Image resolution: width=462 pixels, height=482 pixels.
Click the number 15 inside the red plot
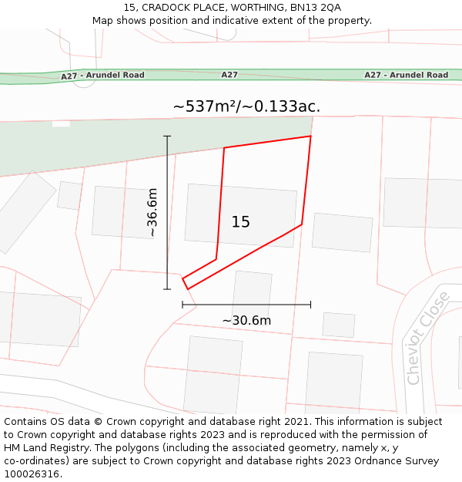(241, 222)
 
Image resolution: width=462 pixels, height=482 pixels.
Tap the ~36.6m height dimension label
(152, 212)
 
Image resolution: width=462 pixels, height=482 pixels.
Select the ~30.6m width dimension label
(246, 321)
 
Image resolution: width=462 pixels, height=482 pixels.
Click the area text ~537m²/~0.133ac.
(246, 106)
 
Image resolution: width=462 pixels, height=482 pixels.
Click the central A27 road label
(229, 75)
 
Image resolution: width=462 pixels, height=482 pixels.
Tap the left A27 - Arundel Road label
(102, 76)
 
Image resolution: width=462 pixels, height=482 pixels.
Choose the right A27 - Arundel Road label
(406, 75)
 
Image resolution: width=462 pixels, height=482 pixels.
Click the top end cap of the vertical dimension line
(167, 137)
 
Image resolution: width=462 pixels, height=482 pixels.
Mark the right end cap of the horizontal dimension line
(310, 305)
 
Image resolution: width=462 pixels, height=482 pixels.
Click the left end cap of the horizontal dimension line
(182, 305)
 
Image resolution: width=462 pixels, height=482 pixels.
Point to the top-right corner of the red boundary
(310, 137)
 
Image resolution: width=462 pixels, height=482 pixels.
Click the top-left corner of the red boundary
(224, 148)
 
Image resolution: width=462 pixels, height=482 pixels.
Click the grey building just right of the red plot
(342, 232)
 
